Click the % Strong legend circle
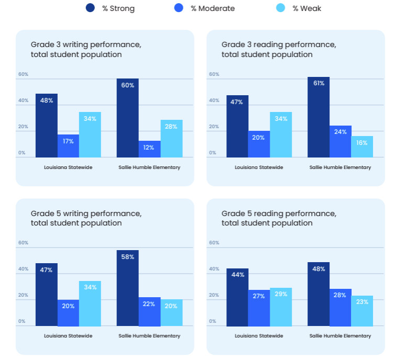(90, 8)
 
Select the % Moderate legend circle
(179, 8)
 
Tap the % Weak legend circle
(281, 8)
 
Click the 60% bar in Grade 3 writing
(127, 118)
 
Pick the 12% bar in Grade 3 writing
(149, 149)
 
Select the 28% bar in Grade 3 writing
(171, 139)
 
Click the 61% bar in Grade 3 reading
(319, 117)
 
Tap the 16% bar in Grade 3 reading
(362, 147)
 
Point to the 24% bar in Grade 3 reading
(341, 141)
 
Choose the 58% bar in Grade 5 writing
(127, 288)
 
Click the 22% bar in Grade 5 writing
(149, 312)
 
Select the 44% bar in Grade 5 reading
(237, 297)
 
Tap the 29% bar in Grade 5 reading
(281, 307)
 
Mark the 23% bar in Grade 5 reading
(362, 311)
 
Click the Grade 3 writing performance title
(86, 49)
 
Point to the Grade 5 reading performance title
(279, 218)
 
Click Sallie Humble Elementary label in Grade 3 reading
(340, 167)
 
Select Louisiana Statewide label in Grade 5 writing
(68, 336)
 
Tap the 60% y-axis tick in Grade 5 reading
(214, 243)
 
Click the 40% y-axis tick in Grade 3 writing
(23, 100)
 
